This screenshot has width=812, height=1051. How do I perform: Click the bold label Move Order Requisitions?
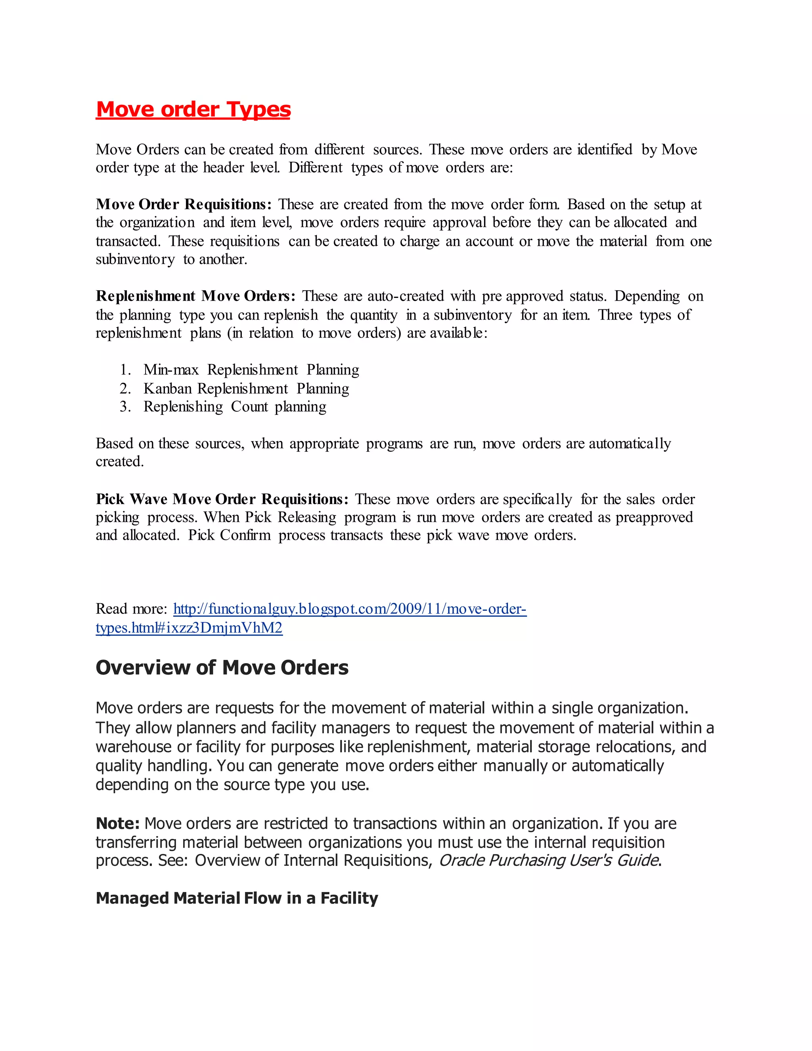click(x=183, y=205)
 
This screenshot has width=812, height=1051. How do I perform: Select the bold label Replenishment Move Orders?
click(x=195, y=296)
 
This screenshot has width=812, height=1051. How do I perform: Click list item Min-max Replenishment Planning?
click(x=251, y=370)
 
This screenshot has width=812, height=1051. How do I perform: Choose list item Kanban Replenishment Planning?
click(x=246, y=388)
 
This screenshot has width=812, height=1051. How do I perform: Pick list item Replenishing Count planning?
click(x=235, y=407)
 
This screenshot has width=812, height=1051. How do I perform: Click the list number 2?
click(x=125, y=388)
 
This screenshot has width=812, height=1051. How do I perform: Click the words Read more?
click(x=131, y=609)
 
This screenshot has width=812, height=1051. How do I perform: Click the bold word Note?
click(x=118, y=823)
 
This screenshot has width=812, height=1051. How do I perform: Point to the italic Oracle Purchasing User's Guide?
click(x=548, y=861)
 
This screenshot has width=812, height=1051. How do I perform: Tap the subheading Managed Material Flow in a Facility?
click(x=237, y=898)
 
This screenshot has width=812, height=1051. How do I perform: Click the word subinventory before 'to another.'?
click(x=135, y=259)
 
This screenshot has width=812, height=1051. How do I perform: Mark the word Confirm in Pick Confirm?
click(x=245, y=535)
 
